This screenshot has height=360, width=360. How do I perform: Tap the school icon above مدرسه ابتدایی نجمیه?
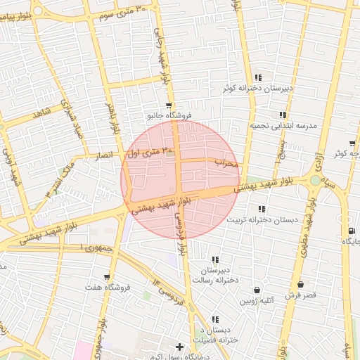tap(283, 115)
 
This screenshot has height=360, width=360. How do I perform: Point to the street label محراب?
tap(227, 162)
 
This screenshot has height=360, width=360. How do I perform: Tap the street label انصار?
tap(104, 155)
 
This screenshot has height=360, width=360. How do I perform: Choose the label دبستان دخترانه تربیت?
tap(262, 219)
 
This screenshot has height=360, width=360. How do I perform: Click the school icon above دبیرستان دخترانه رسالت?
tap(214, 259)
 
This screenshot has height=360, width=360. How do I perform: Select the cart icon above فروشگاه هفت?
tap(107, 277)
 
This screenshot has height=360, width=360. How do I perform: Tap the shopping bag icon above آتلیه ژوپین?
tap(257, 290)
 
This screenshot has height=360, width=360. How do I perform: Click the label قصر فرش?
tap(300, 295)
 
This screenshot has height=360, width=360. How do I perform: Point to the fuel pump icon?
tap(350, 231)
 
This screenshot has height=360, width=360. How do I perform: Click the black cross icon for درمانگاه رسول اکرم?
tap(180, 347)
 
